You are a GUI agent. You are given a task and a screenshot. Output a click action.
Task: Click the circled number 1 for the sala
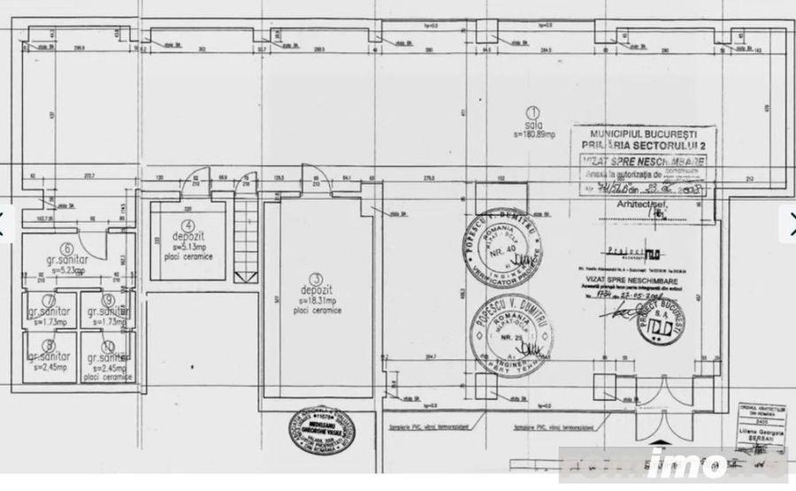pyautogui.click(x=532, y=113)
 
